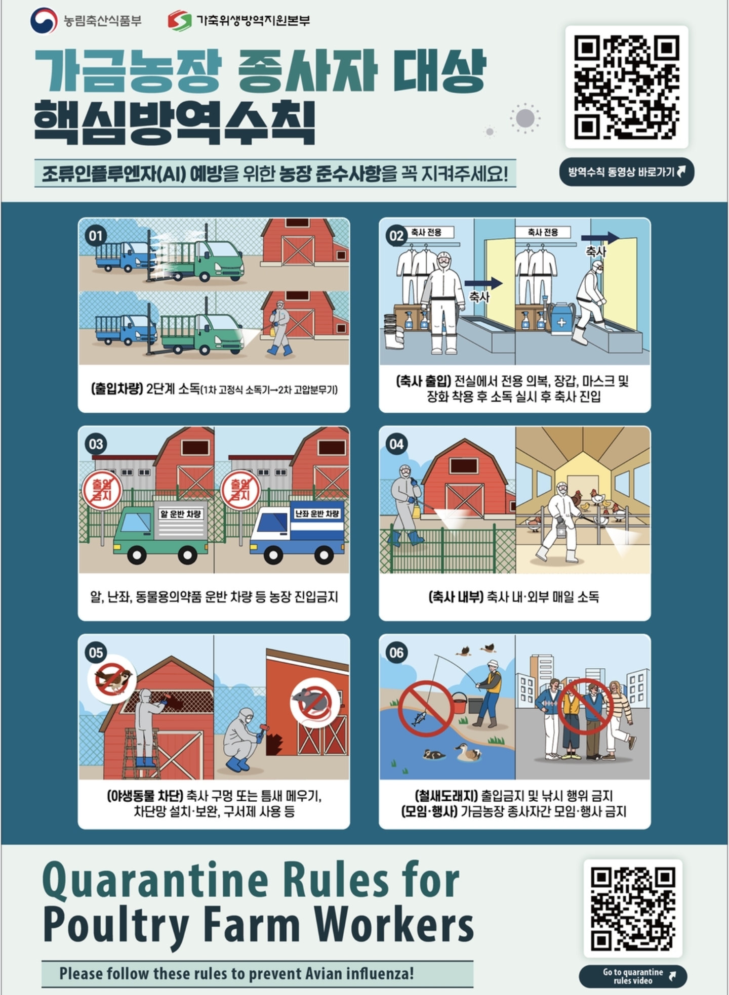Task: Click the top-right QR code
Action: coord(626,87)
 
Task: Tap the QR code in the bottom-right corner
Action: coord(632,908)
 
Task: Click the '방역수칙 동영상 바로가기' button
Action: coord(627,172)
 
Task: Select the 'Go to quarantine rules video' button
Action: coord(633,976)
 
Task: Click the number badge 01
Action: coord(96,236)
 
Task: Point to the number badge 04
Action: coord(396,444)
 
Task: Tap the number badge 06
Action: coord(396,653)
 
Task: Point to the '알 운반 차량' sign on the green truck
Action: coord(181,514)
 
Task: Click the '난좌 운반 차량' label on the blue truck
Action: coord(317,514)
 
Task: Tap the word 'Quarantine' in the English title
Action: coord(155,881)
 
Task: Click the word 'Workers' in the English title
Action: coord(394,925)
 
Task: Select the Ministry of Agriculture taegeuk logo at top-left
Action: coord(44,21)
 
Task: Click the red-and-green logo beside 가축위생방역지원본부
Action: coord(179,21)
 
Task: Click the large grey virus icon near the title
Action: coord(525,118)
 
